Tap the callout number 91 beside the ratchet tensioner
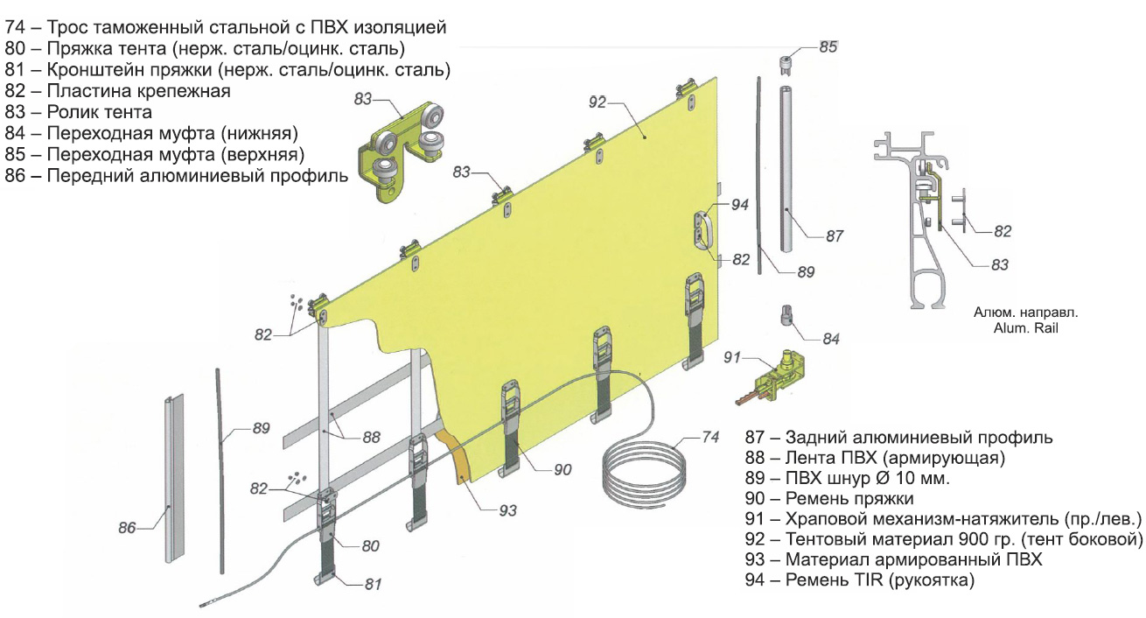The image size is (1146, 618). click(x=732, y=358)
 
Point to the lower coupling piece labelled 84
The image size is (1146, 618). click(x=786, y=315)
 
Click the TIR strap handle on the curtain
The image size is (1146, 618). click(x=703, y=229)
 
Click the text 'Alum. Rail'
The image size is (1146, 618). click(x=1014, y=328)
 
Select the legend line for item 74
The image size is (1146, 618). click(x=226, y=28)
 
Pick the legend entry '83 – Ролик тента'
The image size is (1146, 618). click(x=79, y=112)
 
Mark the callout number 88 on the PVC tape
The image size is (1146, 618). click(x=371, y=436)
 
